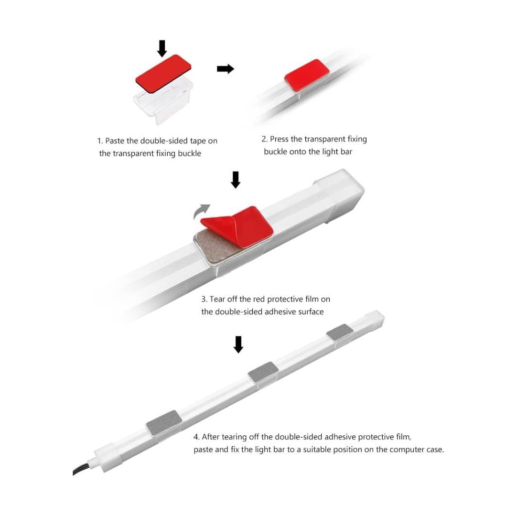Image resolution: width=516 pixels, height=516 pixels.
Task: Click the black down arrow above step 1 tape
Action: pyautogui.click(x=161, y=48)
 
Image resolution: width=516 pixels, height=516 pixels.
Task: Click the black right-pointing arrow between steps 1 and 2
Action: pyautogui.click(x=226, y=69)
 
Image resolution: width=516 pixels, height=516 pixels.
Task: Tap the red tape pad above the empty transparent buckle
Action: pyautogui.click(x=163, y=74)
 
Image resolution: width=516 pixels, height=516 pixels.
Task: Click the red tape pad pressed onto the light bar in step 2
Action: pyautogui.click(x=307, y=75)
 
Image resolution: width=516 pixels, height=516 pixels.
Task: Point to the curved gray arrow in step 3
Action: pyautogui.click(x=201, y=211)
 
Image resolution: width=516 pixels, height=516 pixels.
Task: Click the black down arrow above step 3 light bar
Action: pyautogui.click(x=235, y=180)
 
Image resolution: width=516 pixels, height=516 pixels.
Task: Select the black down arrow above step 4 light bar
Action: pyautogui.click(x=238, y=344)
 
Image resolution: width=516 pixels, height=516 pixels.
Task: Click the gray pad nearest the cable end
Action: pyautogui.click(x=164, y=422)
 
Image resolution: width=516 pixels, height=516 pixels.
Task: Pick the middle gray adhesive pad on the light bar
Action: pyautogui.click(x=263, y=372)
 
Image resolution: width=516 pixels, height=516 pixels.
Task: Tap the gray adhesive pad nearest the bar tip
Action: pyautogui.click(x=340, y=332)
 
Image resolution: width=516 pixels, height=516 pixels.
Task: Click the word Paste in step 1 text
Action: pyautogui.click(x=115, y=141)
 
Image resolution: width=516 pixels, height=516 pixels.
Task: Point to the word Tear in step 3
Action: pyautogui.click(x=217, y=299)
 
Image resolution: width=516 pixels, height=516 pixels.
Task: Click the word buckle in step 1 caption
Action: pyautogui.click(x=189, y=153)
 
